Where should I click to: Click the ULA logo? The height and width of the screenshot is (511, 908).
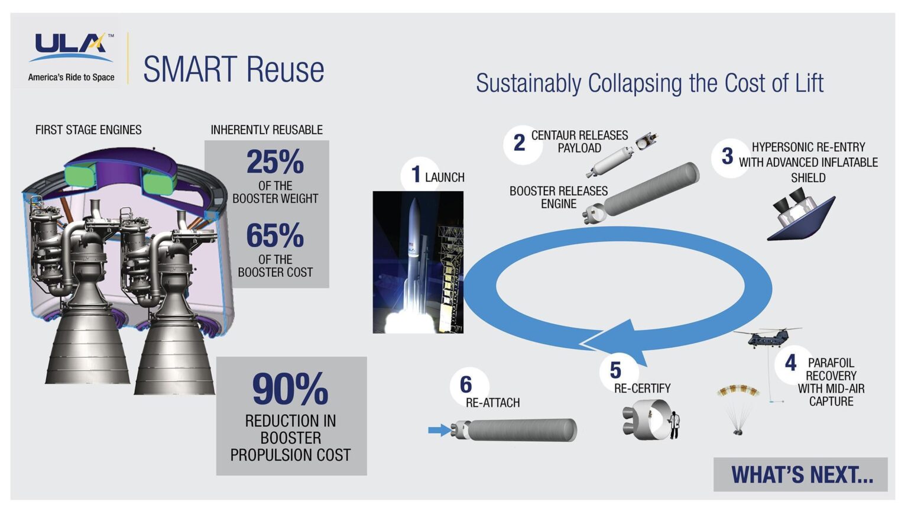(71, 47)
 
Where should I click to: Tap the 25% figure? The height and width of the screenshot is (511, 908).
(275, 161)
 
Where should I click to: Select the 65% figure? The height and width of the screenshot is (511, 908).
(275, 235)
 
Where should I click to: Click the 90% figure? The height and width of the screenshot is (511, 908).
(290, 389)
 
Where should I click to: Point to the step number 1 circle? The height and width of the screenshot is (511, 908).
(416, 174)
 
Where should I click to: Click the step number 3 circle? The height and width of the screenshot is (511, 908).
(727, 156)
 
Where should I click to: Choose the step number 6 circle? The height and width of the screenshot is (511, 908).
(466, 385)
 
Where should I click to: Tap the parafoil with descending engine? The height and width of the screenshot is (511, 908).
(737, 408)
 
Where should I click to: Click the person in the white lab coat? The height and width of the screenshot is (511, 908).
(674, 425)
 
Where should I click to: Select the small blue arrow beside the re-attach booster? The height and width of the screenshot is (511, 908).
(439, 430)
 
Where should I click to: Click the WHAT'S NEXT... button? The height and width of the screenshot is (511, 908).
(801, 474)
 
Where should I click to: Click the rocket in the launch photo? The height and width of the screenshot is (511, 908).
(414, 254)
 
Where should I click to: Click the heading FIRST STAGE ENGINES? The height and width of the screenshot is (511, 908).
(89, 130)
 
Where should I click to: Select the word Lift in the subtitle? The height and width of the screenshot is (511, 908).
(809, 83)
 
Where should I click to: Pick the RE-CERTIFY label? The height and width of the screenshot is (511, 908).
(642, 389)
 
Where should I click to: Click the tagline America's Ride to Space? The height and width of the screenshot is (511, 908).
(71, 77)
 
